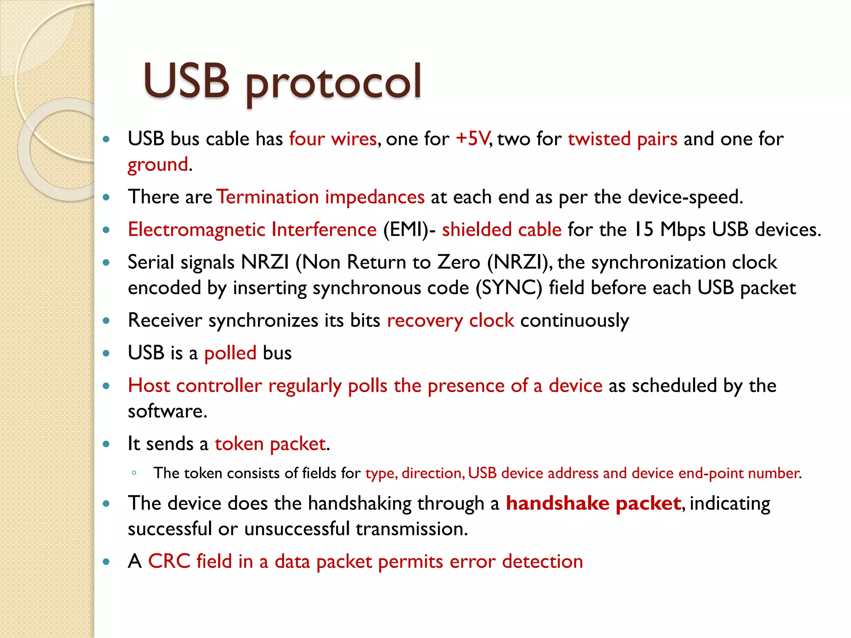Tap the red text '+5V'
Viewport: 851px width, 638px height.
point(472,139)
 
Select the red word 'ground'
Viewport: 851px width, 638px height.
point(157,164)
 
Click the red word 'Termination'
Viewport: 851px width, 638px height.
point(268,197)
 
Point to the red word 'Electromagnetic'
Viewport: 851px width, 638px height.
point(196,230)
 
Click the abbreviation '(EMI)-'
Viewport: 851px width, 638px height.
point(409,230)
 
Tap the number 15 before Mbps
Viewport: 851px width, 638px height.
point(644,230)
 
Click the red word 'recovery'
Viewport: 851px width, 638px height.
point(425,321)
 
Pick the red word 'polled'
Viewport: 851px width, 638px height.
point(230,353)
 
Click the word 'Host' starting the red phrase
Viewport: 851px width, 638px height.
point(149,386)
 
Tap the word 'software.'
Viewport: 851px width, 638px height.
point(167,412)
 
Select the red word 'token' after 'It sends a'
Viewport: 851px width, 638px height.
point(239,444)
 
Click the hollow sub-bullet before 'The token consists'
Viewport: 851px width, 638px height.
point(134,473)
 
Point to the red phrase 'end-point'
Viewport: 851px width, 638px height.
point(711,473)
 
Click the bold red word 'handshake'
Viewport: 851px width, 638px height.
point(557,503)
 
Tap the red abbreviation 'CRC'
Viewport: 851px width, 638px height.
point(169,562)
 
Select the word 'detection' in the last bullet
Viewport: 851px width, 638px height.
point(542,562)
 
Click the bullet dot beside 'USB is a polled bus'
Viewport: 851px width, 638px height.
point(106,353)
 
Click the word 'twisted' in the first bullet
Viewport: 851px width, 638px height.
point(599,139)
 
